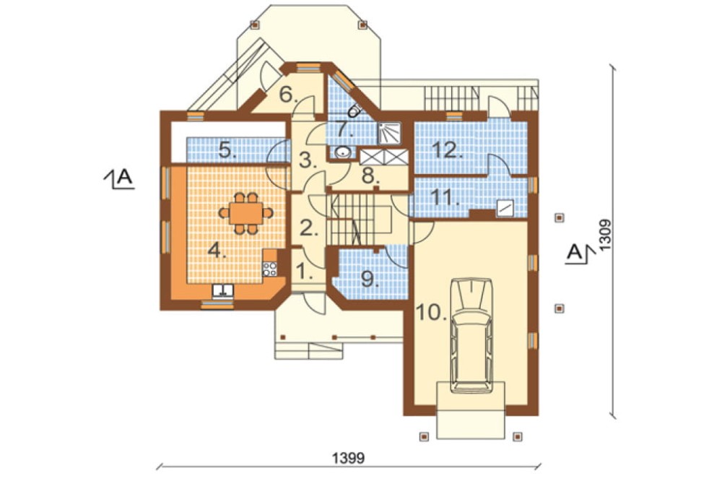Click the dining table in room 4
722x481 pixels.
click(246, 213)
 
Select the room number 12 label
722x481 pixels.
click(446, 150)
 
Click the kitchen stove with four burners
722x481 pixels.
click(270, 269)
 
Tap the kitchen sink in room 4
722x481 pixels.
click(223, 291)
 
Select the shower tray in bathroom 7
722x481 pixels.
click(389, 133)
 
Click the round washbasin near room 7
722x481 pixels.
click(342, 151)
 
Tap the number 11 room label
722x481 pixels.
click(445, 197)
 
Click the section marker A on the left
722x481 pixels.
click(120, 178)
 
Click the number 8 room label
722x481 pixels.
click(368, 175)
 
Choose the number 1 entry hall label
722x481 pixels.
click(304, 272)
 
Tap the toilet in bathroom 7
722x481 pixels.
click(355, 110)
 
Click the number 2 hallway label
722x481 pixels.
click(309, 227)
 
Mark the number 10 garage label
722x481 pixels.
click(432, 313)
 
